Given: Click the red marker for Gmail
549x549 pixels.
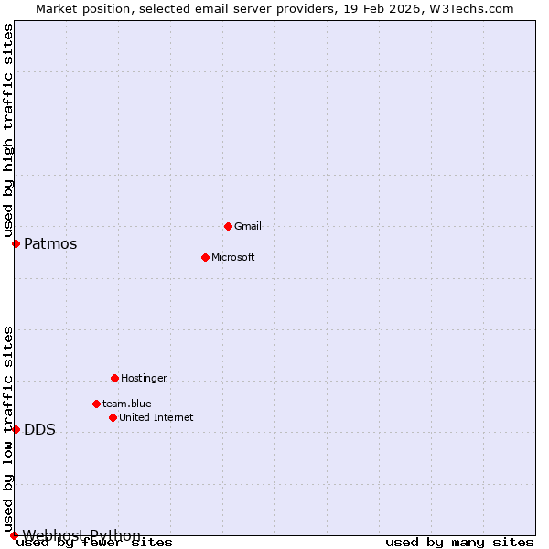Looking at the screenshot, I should click(x=228, y=226).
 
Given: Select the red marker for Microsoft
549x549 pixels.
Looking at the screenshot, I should click(x=205, y=257).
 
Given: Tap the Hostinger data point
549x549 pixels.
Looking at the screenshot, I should click(x=114, y=378).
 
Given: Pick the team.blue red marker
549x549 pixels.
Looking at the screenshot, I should click(x=96, y=404).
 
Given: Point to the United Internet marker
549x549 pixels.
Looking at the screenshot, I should click(x=113, y=417).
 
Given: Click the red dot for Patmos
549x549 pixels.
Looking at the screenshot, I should click(x=16, y=243).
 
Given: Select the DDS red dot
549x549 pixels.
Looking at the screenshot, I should click(x=16, y=429).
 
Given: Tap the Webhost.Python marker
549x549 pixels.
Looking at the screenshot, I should click(x=14, y=535).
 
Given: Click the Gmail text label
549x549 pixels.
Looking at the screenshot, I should click(x=248, y=226).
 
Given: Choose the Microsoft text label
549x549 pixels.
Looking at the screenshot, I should click(x=233, y=257).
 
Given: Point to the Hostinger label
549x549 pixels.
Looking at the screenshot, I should click(x=145, y=378).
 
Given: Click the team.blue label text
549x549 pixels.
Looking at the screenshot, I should click(x=127, y=404).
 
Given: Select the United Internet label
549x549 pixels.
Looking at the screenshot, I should click(x=156, y=417).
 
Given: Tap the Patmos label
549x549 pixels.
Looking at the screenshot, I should click(x=50, y=243).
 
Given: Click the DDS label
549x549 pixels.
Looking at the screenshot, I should click(x=39, y=430).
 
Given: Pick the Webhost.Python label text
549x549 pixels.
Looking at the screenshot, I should click(x=81, y=535).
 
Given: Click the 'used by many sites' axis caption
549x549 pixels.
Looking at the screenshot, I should click(x=459, y=543).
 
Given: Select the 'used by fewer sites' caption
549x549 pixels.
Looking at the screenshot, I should click(x=95, y=543).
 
